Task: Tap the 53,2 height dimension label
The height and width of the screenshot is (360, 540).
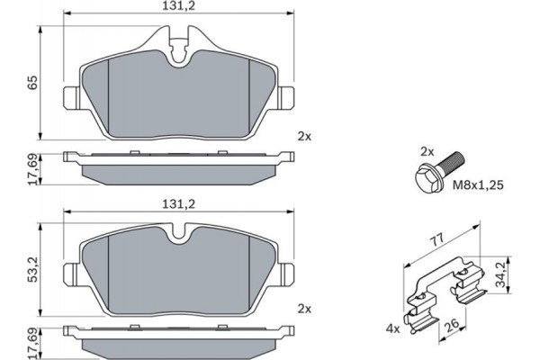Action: (x=31, y=267)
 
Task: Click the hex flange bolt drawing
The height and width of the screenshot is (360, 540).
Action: (x=438, y=171)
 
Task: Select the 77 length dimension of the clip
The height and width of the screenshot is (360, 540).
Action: (x=437, y=241)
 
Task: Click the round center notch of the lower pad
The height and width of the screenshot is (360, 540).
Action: (x=180, y=239)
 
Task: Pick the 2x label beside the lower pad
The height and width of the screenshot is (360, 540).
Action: (x=303, y=309)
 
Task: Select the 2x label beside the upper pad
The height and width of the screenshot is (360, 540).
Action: (x=303, y=136)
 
